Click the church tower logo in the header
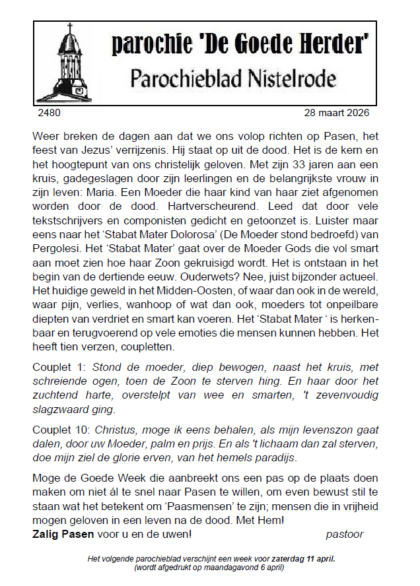71,61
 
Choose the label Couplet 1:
60,367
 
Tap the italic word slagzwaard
61,408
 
